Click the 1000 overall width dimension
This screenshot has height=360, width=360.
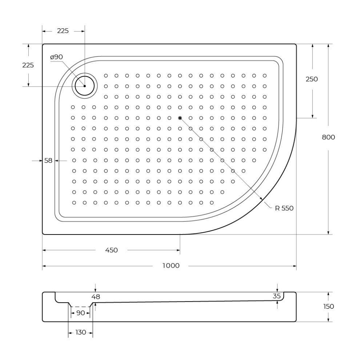(171, 266)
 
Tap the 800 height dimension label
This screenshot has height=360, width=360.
(328, 137)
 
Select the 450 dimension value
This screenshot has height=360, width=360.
(111, 250)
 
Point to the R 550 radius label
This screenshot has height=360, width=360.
(284, 208)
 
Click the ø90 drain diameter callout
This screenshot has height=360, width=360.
(56, 57)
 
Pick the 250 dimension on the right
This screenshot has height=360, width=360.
(312, 79)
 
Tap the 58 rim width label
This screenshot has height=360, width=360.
(48, 161)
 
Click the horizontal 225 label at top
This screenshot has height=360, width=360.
(63, 31)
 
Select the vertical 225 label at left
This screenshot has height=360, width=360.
(28, 65)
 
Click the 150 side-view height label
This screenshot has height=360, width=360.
(328, 307)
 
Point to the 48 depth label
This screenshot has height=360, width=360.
(96, 297)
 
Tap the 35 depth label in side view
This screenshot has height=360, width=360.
(277, 296)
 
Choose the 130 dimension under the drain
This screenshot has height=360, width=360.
(81, 332)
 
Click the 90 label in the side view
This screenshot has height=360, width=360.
(81, 313)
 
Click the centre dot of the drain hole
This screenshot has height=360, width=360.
(84, 86)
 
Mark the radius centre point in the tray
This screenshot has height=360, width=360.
(180, 118)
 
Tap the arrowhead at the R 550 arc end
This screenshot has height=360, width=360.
(261, 198)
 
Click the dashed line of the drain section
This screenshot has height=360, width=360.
(81, 307)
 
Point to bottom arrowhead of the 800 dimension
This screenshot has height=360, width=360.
(328, 232)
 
